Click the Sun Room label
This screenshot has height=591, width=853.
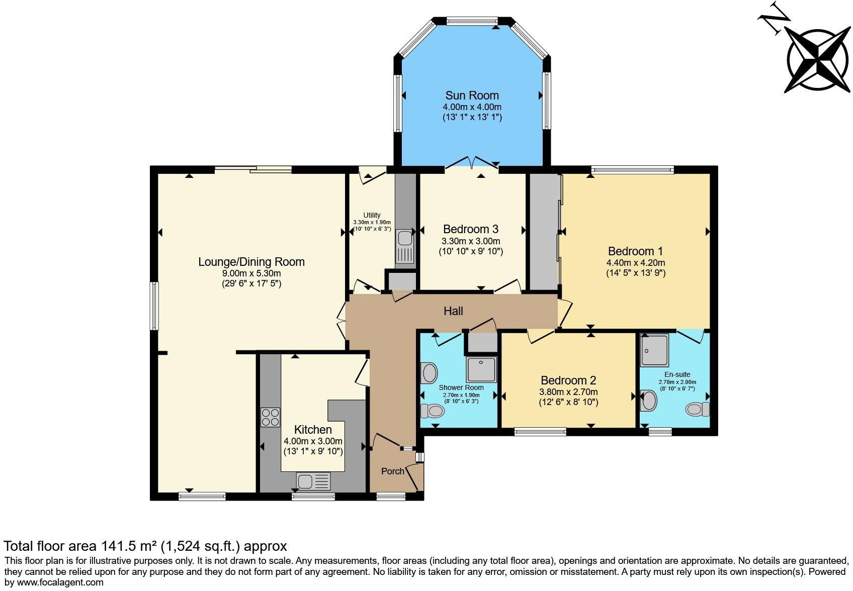click(x=472, y=95)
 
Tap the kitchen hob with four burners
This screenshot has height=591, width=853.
click(x=270, y=417)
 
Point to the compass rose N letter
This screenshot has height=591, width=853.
click(x=770, y=19)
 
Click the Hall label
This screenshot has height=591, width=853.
click(x=453, y=311)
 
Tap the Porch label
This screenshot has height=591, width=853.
click(x=392, y=471)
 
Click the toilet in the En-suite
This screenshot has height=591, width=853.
click(x=698, y=409)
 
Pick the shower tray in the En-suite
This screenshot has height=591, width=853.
click(x=655, y=350)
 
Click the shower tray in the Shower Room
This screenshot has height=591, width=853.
click(x=481, y=369)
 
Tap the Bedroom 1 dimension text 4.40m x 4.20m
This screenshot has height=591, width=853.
click(x=636, y=263)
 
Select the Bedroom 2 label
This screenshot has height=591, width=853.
click(x=568, y=380)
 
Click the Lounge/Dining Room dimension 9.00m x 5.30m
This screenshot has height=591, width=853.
click(x=251, y=273)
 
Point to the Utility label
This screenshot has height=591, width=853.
click(x=372, y=215)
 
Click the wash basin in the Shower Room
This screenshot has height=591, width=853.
click(x=429, y=373)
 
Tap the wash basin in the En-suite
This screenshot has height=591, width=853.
click(x=649, y=401)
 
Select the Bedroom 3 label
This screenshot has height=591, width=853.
click(x=471, y=229)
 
